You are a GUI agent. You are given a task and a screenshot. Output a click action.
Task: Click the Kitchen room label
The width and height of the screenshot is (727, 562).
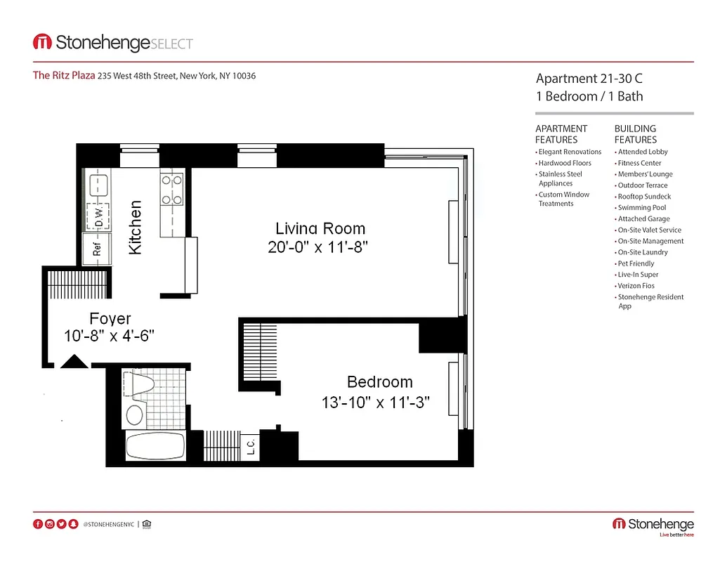[x=136, y=228]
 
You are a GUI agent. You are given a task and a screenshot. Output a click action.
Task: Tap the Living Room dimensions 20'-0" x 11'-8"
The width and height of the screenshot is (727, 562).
[x=318, y=247]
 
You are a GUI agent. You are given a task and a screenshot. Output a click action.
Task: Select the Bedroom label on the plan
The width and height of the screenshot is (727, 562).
[x=380, y=382]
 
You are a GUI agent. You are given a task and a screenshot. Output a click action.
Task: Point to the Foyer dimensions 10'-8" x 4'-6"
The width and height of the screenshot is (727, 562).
[x=110, y=336]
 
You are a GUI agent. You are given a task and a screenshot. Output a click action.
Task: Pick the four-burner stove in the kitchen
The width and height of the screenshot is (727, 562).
[x=172, y=190]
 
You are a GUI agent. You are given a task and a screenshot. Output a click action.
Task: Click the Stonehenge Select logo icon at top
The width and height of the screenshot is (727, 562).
[x=42, y=43]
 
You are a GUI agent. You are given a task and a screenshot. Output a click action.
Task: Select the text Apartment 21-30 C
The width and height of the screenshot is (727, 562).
[x=589, y=79]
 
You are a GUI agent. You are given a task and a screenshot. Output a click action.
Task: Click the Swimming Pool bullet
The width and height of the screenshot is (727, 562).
[x=641, y=208]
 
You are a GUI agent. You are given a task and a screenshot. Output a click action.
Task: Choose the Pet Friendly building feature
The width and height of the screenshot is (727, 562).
[x=636, y=263]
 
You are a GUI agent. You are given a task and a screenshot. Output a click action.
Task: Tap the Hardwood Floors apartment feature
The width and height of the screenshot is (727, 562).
[x=565, y=163]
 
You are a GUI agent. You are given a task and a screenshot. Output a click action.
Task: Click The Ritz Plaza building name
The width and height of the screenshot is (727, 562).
[x=64, y=76]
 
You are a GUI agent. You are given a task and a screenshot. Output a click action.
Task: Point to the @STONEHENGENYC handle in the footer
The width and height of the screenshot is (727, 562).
[x=109, y=524]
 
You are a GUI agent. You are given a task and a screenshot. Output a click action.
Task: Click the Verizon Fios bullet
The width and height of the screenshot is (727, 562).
[x=636, y=286]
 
